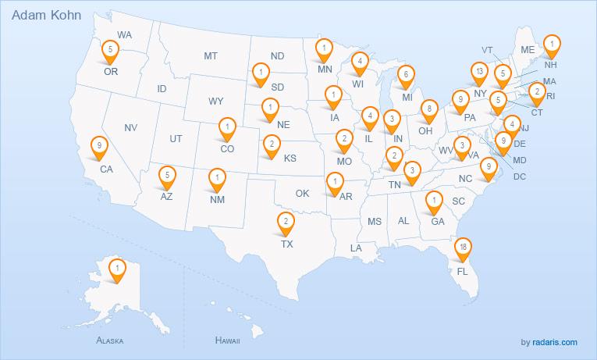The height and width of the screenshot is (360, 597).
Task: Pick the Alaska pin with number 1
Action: tap(116, 270)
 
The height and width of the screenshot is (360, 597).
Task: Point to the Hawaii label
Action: tap(227, 341)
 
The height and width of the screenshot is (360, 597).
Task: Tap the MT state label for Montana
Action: tap(211, 56)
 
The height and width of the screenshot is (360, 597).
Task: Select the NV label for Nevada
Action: tap(131, 127)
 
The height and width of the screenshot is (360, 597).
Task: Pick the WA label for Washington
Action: tap(125, 34)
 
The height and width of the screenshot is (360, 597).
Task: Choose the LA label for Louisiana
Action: tap(357, 248)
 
